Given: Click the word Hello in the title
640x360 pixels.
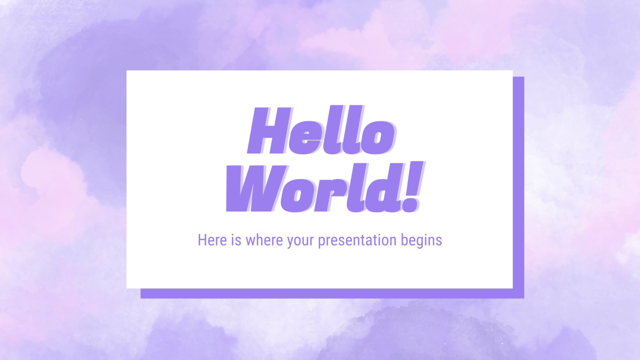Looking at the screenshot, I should (x=320, y=131).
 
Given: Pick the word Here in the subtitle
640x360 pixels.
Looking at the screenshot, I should (x=212, y=240).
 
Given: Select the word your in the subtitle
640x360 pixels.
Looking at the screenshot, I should (x=300, y=241).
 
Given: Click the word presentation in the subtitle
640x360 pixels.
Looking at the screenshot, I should (x=352, y=241).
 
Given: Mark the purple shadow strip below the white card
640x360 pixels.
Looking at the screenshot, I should (x=332, y=293).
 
